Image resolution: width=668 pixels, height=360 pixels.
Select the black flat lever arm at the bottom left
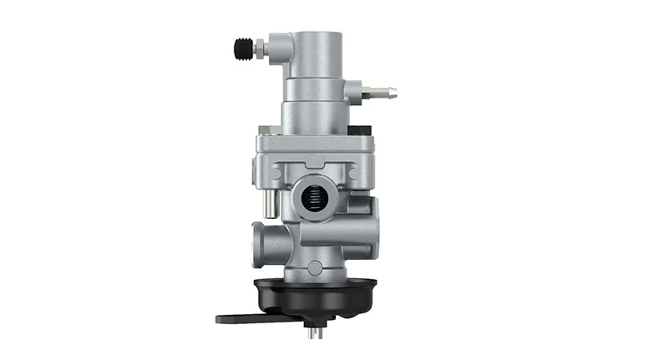242,317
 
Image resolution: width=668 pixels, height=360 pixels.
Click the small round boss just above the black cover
315,266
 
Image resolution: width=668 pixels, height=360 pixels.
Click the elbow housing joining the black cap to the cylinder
280,50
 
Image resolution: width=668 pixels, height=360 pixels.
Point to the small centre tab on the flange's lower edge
314,164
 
